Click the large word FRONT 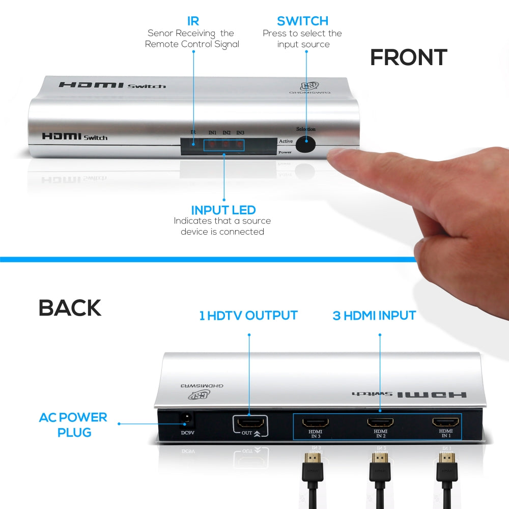pyautogui.click(x=408, y=58)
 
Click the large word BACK pyautogui.click(x=70, y=308)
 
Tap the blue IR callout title pyautogui.click(x=192, y=21)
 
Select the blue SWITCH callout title pyautogui.click(x=302, y=21)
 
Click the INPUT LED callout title pyautogui.click(x=223, y=210)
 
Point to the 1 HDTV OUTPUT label pyautogui.click(x=248, y=315)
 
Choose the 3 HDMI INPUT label pyautogui.click(x=374, y=315)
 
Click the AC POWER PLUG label pyautogui.click(x=73, y=425)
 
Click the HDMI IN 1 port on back pyautogui.click(x=446, y=422)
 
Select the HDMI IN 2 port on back pyautogui.click(x=380, y=422)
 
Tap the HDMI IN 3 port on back pyautogui.click(x=315, y=422)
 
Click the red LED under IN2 pyautogui.click(x=224, y=145)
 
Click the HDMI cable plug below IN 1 pyautogui.click(x=446, y=463)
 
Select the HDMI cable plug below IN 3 pyautogui.click(x=312, y=463)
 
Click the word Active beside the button pyautogui.click(x=286, y=141)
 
